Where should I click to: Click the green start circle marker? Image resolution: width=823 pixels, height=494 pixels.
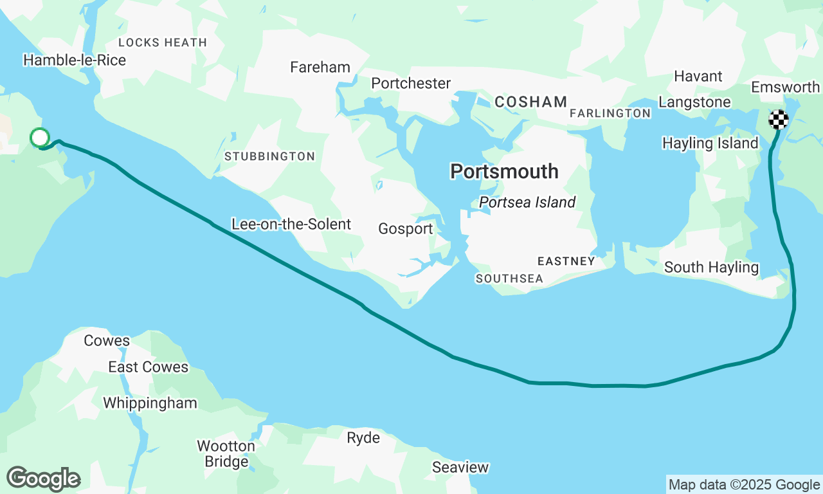(x=40, y=137)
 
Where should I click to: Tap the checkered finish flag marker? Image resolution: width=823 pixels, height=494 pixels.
(x=779, y=120)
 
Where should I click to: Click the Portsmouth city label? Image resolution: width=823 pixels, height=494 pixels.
(x=504, y=172)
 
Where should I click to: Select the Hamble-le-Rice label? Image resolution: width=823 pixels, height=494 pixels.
(x=75, y=60)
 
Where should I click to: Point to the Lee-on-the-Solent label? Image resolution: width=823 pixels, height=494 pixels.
(x=291, y=224)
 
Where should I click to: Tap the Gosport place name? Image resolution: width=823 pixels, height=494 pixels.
(x=405, y=229)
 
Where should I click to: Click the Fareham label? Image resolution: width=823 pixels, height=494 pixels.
(x=320, y=68)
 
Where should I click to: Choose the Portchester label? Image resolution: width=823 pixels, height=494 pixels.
(x=411, y=84)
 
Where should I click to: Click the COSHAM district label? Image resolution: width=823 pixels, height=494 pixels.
(x=530, y=102)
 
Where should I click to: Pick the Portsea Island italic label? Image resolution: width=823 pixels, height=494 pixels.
(x=527, y=203)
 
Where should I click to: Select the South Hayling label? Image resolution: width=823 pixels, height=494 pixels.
(x=711, y=268)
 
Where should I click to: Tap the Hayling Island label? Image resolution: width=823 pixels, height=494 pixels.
(x=710, y=143)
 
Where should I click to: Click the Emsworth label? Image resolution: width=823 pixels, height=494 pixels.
(x=785, y=87)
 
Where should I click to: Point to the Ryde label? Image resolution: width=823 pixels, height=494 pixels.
(x=363, y=439)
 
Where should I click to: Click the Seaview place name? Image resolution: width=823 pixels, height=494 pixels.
(x=460, y=468)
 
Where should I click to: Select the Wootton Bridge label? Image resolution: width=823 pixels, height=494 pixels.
(x=226, y=453)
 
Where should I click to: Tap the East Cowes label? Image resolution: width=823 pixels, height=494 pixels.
(x=148, y=367)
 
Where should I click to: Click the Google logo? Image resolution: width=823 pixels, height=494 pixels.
(x=44, y=479)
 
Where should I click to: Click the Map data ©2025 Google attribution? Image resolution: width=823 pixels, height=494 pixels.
(x=744, y=485)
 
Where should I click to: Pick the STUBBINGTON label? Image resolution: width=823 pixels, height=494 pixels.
(x=269, y=156)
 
